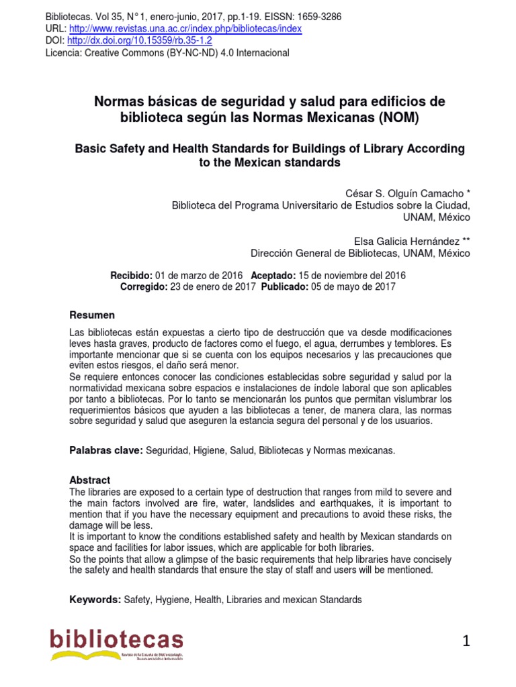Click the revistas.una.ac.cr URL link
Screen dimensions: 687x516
point(185,29)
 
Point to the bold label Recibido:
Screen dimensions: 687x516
point(132,276)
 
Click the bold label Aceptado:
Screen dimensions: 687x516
point(273,276)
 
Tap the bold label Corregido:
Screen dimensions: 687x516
point(144,286)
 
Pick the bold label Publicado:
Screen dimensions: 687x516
point(285,286)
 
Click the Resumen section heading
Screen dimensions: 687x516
point(93,315)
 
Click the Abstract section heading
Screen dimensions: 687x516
point(90,480)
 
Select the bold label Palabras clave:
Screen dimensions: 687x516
point(107,451)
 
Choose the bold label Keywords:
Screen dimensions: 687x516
point(95,600)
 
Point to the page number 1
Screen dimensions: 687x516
point(466,642)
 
